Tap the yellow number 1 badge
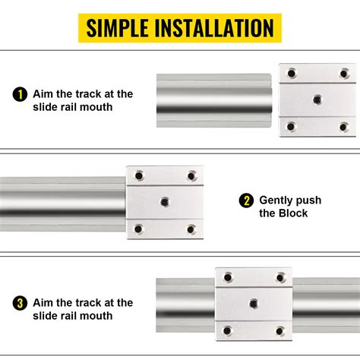[x=20, y=95]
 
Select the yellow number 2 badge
[x=245, y=201]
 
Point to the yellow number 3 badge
[x=20, y=303]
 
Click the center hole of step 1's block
[x=317, y=99]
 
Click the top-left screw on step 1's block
[x=290, y=73]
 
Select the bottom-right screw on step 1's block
[x=343, y=125]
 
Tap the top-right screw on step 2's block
[x=191, y=175]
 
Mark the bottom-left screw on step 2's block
[x=138, y=228]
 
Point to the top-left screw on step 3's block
[x=226, y=277]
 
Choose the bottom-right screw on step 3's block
[x=279, y=330]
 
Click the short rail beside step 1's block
[x=216, y=99]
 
